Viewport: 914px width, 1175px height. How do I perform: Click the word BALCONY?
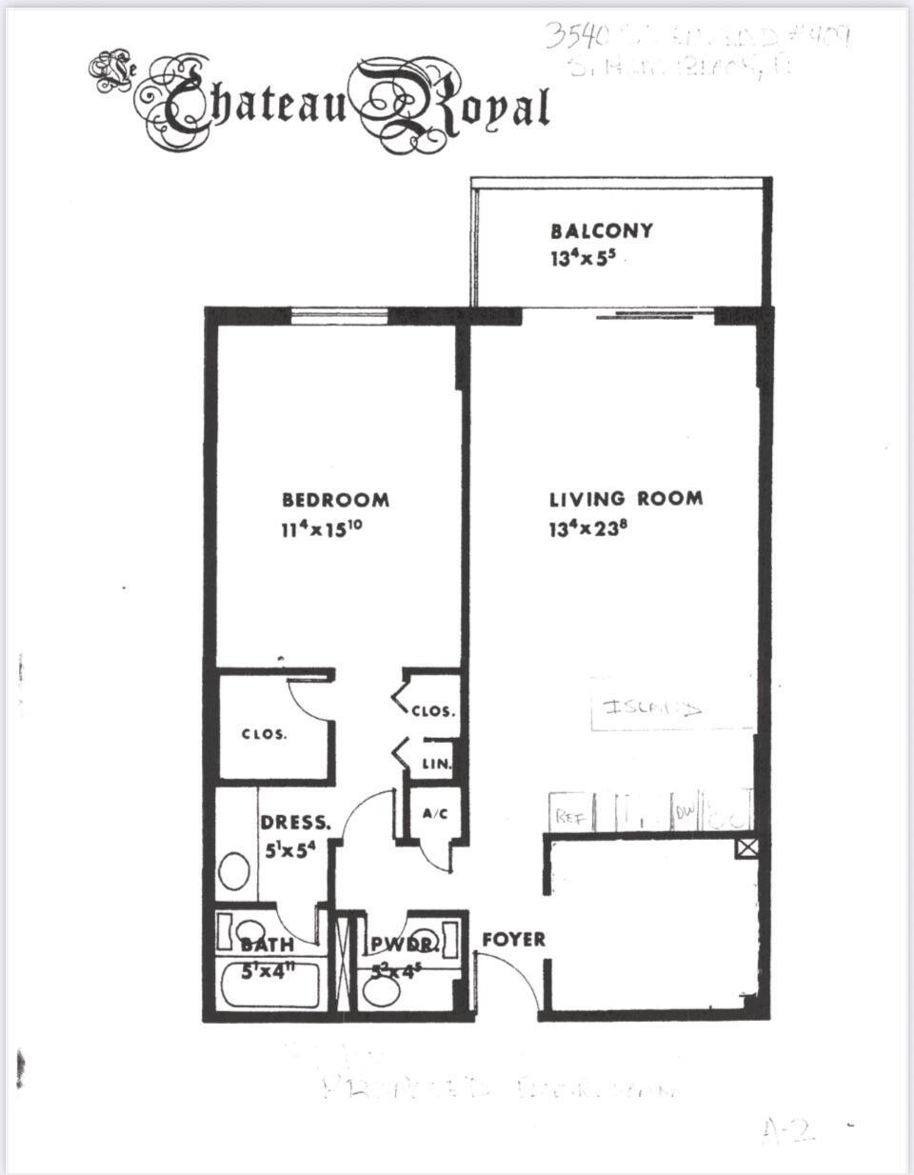coord(602,230)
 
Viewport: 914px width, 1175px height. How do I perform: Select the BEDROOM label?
coord(335,500)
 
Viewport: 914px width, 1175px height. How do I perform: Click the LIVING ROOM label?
coord(626,498)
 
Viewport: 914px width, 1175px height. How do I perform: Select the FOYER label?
coord(513,939)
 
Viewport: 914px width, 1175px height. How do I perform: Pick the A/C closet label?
coord(434,814)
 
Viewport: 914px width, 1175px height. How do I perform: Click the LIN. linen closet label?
coord(436,764)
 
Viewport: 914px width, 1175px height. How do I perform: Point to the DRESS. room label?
coord(296,823)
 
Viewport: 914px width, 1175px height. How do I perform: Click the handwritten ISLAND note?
coord(652,707)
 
